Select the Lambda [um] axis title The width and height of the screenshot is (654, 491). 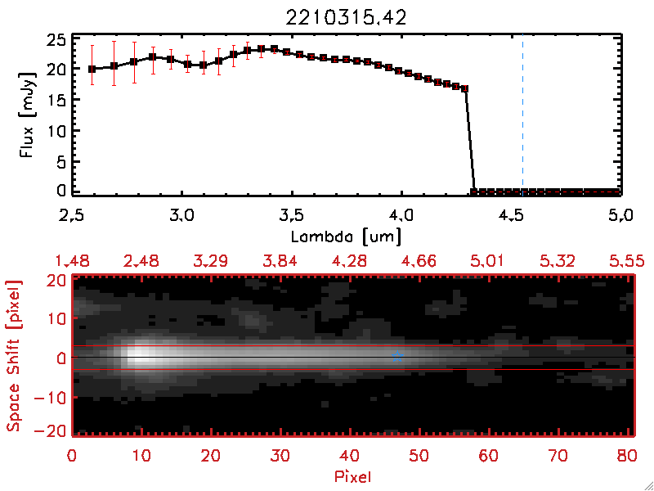coord(347,236)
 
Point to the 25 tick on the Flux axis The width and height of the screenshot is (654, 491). coord(56,39)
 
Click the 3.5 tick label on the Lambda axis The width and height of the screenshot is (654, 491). coord(292,216)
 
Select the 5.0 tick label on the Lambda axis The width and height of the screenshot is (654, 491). coord(621,216)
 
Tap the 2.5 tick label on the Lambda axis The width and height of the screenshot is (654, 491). coord(74,216)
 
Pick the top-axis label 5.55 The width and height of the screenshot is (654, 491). coord(629,261)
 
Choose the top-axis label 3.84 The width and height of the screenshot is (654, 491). coord(282,261)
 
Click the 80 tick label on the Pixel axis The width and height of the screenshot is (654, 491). coord(629,454)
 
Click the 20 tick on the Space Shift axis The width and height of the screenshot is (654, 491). coord(57,280)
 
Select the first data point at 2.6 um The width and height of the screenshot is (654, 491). coord(92,69)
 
